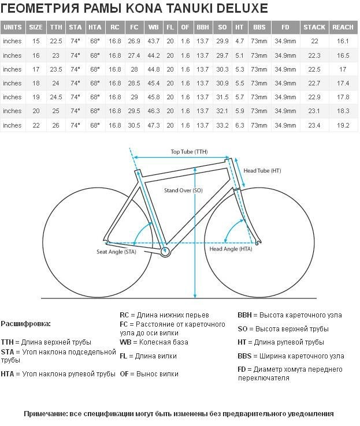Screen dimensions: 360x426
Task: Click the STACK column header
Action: click(314, 27)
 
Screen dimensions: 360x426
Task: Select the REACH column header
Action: click(343, 27)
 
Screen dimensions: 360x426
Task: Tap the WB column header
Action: click(153, 27)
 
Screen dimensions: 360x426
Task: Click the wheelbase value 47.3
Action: click(153, 125)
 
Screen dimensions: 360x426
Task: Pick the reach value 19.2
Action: click(343, 125)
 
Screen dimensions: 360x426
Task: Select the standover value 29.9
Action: click(222, 41)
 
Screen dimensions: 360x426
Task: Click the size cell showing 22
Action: click(36, 125)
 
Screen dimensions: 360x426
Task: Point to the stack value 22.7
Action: click(314, 83)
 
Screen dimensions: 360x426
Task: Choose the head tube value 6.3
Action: click(240, 125)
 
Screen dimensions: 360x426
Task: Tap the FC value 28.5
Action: click(134, 83)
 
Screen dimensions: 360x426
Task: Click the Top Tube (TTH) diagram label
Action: click(189, 152)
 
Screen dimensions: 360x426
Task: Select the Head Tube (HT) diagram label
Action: click(262, 171)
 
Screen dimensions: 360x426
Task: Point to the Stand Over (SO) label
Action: click(183, 190)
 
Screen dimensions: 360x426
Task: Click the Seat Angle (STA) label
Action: click(116, 252)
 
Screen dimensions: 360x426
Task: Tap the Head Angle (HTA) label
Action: click(231, 249)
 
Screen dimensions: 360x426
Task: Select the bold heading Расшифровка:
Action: click(26, 324)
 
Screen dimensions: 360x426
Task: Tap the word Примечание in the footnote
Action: click(46, 414)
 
